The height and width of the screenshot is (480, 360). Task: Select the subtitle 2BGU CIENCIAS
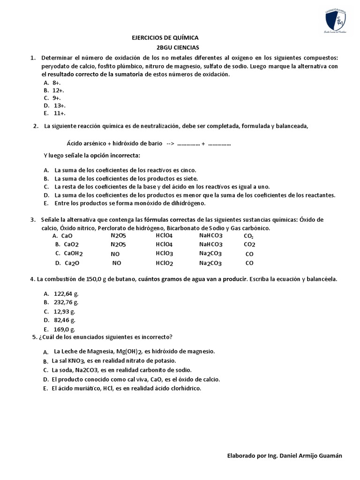click(178, 47)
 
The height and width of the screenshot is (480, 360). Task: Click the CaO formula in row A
click(67, 236)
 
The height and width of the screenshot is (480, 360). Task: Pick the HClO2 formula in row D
click(165, 263)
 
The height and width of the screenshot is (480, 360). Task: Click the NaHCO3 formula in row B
click(211, 244)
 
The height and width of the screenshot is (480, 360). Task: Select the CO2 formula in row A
click(249, 236)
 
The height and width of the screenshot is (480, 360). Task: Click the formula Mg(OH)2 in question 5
click(130, 351)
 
